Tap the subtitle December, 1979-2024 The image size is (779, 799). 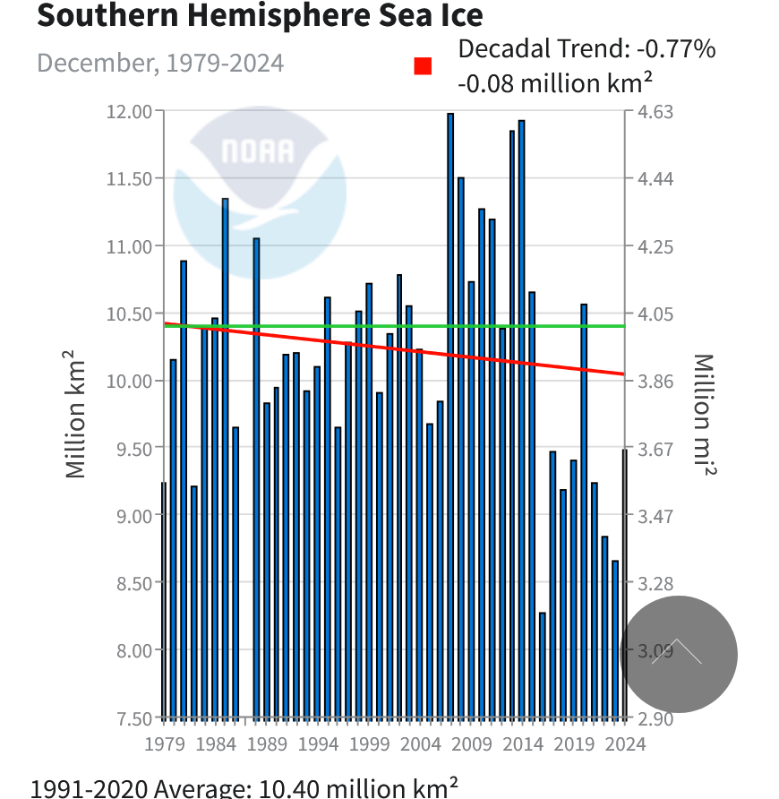[x=160, y=64]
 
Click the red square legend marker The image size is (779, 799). [x=423, y=66]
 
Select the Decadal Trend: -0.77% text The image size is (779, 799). [x=586, y=48]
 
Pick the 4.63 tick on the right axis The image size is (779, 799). [x=655, y=111]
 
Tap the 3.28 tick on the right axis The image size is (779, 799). [x=655, y=583]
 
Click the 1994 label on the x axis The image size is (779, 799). [x=318, y=743]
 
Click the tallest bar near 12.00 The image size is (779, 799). [x=450, y=412]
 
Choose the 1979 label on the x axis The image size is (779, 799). [x=164, y=743]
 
